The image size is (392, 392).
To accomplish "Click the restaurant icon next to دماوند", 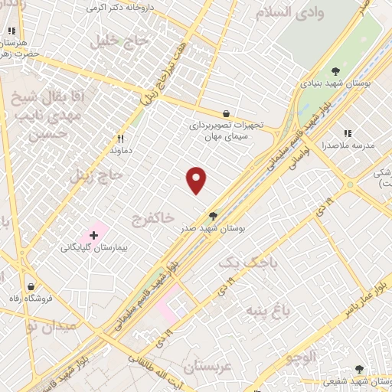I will [119, 139].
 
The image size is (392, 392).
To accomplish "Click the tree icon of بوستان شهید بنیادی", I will [335, 71].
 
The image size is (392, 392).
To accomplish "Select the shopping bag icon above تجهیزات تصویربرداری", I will [224, 113].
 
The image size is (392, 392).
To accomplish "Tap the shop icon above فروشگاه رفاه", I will [30, 286].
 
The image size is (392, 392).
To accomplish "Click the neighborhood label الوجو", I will [301, 356].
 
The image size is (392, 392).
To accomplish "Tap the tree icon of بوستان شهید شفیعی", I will [359, 369].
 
